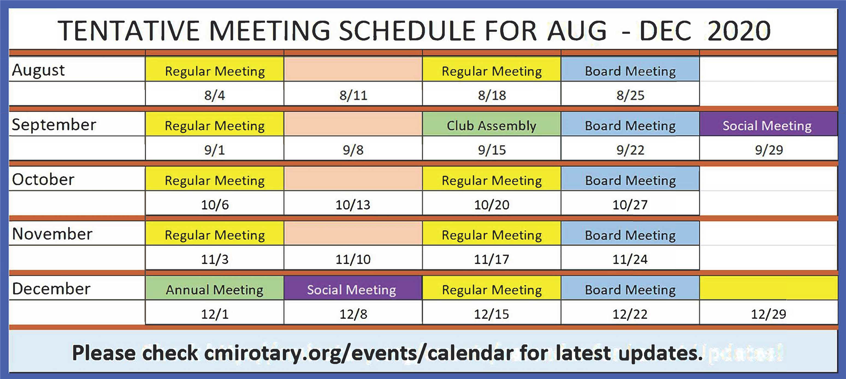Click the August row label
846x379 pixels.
pyautogui.click(x=38, y=70)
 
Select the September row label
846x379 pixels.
pyautogui.click(x=54, y=125)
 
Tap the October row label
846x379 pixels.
pyautogui.click(x=43, y=179)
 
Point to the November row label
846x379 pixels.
pyautogui.click(x=52, y=234)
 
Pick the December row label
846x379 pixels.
pyautogui.click(x=51, y=289)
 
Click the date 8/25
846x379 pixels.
pyautogui.click(x=630, y=95)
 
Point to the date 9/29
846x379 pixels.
pyautogui.click(x=769, y=150)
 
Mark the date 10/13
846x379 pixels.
pyautogui.click(x=353, y=204)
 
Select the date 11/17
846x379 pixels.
pyautogui.click(x=491, y=259)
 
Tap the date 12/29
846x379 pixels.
pyautogui.click(x=769, y=314)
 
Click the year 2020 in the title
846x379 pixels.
pyautogui.click(x=739, y=31)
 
